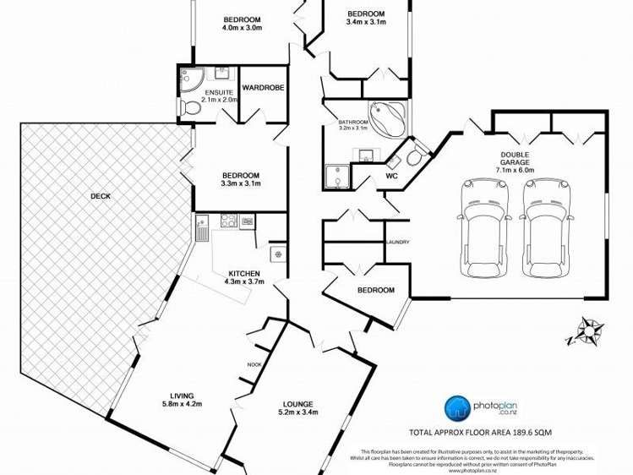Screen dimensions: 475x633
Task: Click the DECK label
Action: (x=100, y=197)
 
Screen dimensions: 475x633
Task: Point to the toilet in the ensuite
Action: (x=191, y=107)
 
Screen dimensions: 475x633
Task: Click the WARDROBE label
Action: (x=263, y=87)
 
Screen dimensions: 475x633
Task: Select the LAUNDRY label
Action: (x=397, y=243)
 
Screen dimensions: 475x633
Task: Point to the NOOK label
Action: (x=254, y=364)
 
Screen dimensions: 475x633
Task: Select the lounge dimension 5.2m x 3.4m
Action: (x=298, y=412)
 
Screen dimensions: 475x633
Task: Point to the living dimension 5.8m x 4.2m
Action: (x=182, y=404)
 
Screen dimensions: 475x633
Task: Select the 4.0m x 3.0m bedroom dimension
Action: (x=243, y=27)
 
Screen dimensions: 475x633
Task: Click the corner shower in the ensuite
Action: (x=187, y=79)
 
